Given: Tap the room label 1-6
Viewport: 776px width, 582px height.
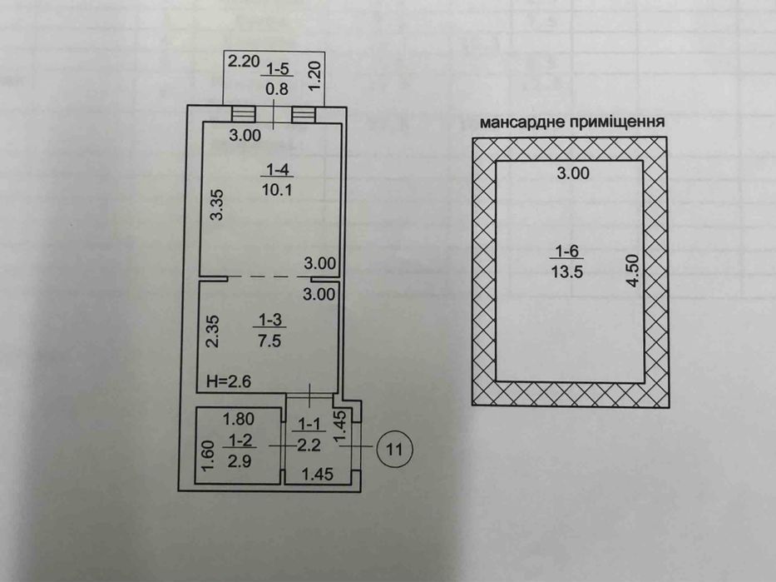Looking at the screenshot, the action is coord(565,251).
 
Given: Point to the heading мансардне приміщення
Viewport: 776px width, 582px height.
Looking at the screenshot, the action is coord(571,122).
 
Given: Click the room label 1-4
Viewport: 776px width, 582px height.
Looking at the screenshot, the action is coord(275,170).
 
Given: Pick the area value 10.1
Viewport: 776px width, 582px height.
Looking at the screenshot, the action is coord(275,189).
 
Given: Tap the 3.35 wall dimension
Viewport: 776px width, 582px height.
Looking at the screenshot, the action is coord(217,204).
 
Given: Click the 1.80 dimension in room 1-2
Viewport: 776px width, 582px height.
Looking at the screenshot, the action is coord(238,420).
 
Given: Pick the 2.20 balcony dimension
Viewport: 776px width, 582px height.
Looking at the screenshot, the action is coord(244,61).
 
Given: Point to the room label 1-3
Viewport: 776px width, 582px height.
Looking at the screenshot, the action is coord(269,319).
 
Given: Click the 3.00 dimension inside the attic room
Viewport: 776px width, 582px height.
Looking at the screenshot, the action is coord(572,173).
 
